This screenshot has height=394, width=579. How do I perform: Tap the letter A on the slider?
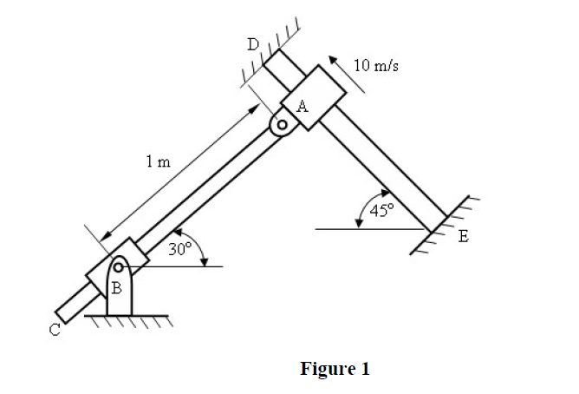[302, 107]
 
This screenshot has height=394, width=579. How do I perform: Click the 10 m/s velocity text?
[377, 64]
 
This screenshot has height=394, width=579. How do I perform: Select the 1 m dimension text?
[158, 161]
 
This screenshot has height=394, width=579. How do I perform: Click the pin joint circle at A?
[282, 125]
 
